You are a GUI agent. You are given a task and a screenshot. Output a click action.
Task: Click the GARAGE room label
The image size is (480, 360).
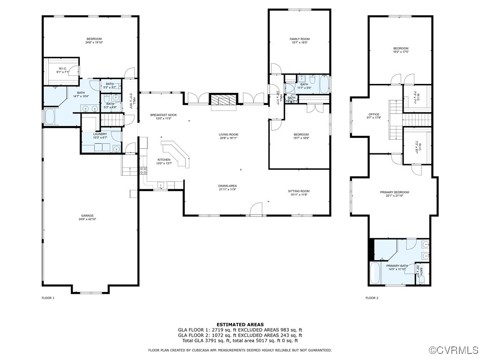87,216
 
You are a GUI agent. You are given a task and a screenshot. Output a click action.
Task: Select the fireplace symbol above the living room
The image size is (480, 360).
224,99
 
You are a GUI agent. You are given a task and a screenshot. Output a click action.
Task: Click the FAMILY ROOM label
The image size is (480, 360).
300,39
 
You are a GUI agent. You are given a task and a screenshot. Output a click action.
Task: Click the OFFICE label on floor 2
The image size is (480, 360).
374,114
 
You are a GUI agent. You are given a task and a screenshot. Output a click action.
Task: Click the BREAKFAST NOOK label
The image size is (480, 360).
163,115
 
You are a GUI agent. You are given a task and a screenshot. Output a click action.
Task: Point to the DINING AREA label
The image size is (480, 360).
227,186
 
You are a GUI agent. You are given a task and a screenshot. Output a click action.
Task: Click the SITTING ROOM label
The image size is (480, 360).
299,191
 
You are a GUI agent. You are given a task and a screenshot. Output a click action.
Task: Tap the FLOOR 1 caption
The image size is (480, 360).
48,298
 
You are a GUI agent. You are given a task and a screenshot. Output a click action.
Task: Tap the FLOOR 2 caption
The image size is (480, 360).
372,298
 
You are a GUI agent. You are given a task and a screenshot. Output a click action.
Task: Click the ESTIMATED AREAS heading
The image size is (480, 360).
240,324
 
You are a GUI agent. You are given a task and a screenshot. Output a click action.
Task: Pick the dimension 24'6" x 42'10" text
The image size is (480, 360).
87,219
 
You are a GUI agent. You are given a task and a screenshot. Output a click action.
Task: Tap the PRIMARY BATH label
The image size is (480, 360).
397,266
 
